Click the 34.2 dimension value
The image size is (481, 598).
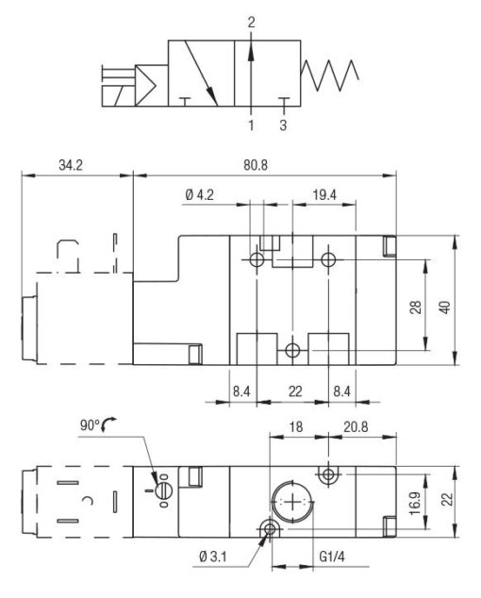(71, 165)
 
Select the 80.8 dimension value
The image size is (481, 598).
(256, 165)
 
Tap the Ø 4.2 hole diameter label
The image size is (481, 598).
(200, 195)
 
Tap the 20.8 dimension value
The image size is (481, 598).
(357, 426)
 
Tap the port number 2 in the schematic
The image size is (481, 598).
(251, 21)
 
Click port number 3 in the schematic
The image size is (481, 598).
(284, 125)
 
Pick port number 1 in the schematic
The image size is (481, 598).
(251, 125)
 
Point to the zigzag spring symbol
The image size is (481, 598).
(329, 72)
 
